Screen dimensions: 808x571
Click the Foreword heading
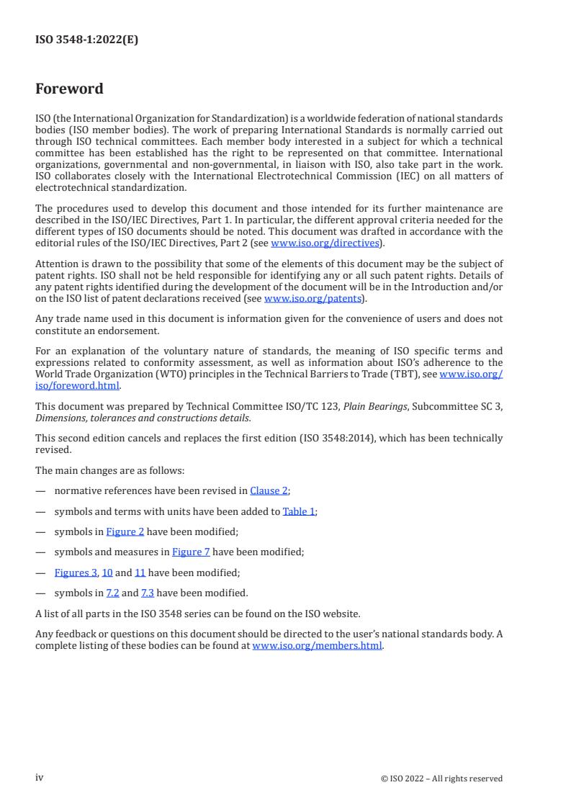[69, 89]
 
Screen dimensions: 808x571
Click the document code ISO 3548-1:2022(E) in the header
[86, 40]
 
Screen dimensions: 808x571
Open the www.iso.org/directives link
[325, 243]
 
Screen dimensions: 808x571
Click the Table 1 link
[299, 511]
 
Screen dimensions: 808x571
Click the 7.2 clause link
[113, 593]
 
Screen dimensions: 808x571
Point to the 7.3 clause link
[147, 593]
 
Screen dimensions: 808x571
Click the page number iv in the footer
[40, 778]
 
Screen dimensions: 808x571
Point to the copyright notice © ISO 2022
[441, 778]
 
